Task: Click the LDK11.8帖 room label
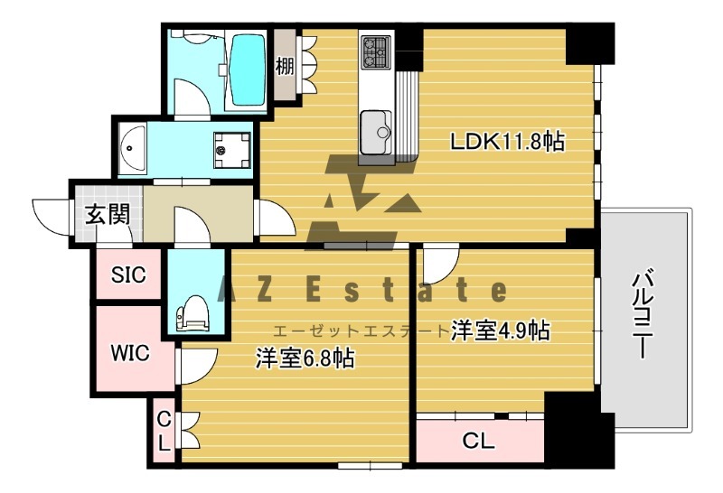508,141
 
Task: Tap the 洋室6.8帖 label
304,358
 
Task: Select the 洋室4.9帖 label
500,331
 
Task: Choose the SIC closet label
128,276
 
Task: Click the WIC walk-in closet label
130,351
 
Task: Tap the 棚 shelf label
286,67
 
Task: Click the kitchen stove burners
375,51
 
